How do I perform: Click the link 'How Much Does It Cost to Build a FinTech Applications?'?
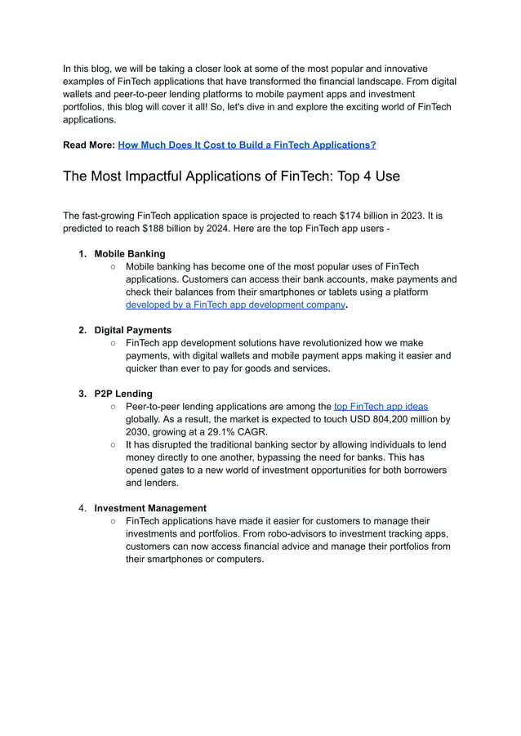pos(247,145)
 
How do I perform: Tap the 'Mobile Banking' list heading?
pos(129,254)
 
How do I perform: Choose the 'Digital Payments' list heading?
pos(132,330)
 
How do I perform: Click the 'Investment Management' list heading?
pos(150,508)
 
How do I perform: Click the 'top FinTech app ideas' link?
pos(381,406)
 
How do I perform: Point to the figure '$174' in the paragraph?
pos(351,216)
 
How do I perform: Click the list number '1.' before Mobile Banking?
pos(82,254)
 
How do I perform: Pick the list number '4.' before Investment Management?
pos(82,508)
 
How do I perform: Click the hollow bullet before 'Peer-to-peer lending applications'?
pos(114,407)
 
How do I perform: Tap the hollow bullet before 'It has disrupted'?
pos(114,445)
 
